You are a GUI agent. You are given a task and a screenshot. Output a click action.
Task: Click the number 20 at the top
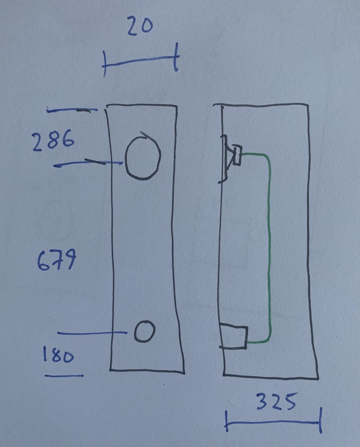point(140,26)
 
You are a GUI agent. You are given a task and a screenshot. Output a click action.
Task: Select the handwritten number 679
point(57,262)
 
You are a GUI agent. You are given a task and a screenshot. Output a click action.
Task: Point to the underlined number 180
point(58,356)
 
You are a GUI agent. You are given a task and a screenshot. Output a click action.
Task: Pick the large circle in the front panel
point(142,159)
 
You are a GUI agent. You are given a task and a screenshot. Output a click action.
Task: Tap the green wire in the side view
point(270,248)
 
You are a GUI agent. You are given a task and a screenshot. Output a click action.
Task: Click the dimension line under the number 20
point(141,61)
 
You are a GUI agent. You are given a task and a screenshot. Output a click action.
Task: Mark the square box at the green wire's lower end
point(235,336)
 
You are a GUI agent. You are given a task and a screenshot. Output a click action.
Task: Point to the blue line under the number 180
point(64,376)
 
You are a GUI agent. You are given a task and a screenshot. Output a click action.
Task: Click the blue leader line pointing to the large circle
point(89,163)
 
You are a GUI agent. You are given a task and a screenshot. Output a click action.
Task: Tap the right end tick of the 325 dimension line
point(320,421)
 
